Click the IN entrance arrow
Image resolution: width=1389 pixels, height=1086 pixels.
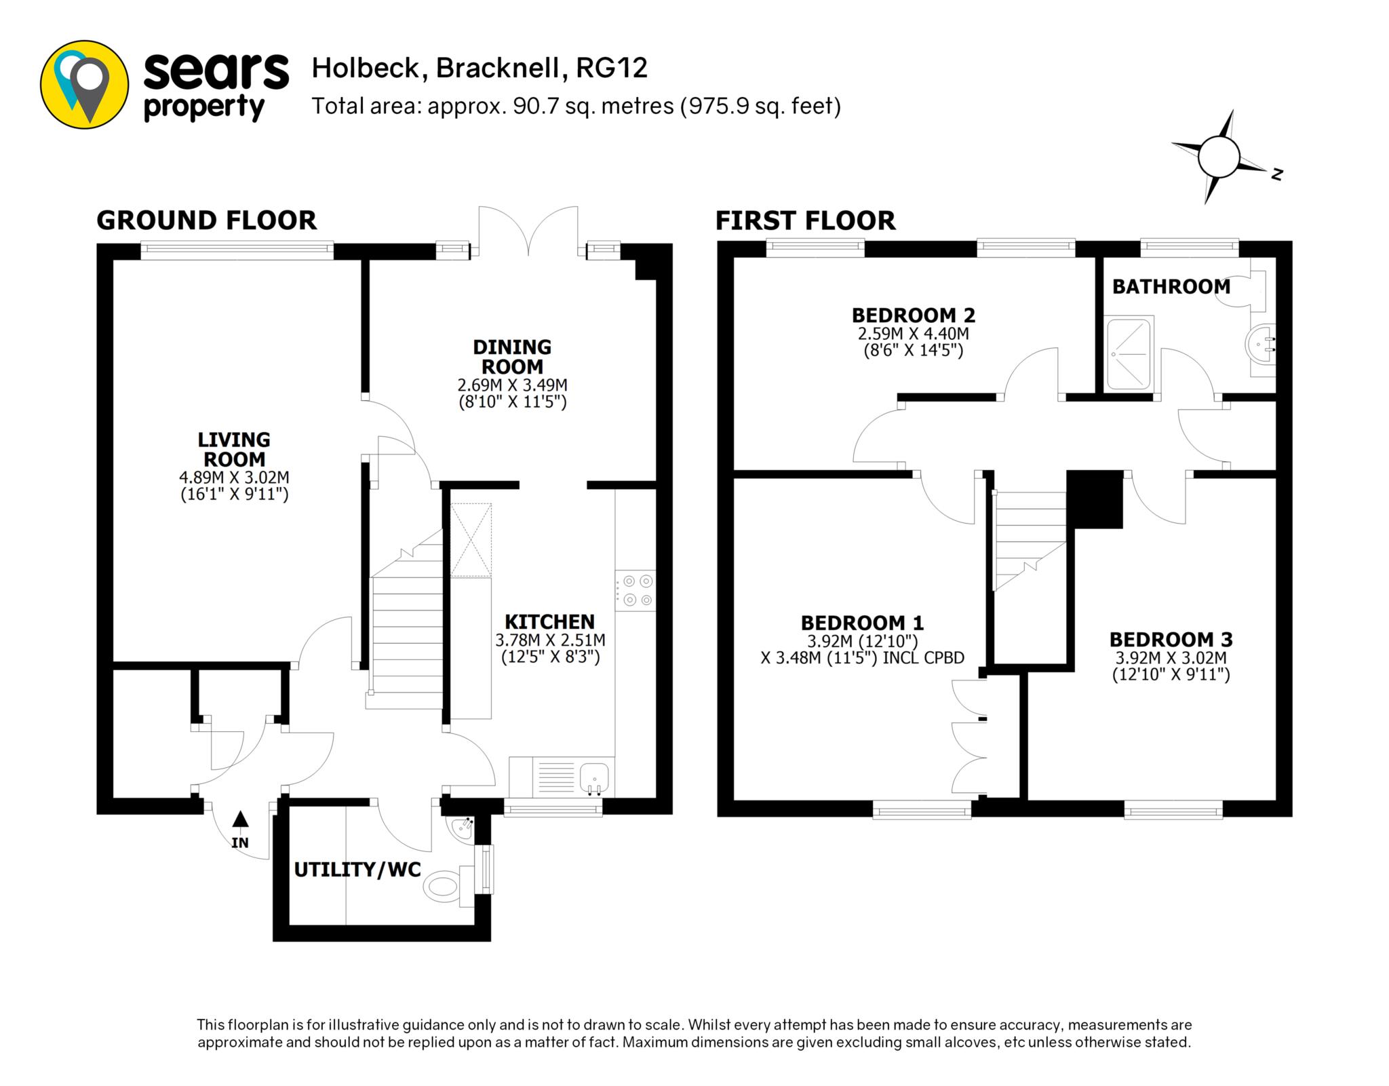(x=240, y=819)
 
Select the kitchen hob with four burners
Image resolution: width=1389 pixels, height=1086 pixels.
(x=635, y=591)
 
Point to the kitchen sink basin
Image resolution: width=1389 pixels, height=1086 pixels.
(x=595, y=776)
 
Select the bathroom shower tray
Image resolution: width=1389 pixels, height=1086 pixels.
(x=1129, y=353)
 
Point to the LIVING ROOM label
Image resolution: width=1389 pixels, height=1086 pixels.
(x=234, y=449)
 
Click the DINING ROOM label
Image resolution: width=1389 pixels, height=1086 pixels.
(x=512, y=357)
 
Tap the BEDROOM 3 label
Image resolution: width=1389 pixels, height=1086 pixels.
(x=1171, y=639)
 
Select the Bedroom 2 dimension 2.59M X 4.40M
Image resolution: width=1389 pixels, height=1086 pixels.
(x=914, y=334)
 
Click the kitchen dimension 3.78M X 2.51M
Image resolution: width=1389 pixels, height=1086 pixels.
(x=550, y=640)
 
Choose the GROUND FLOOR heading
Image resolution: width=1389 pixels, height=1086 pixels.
(x=206, y=220)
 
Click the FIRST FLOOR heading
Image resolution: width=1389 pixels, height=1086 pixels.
(x=805, y=220)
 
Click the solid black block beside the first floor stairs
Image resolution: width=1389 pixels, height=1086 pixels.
(x=1095, y=499)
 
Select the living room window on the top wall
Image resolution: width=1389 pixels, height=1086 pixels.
(x=237, y=250)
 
